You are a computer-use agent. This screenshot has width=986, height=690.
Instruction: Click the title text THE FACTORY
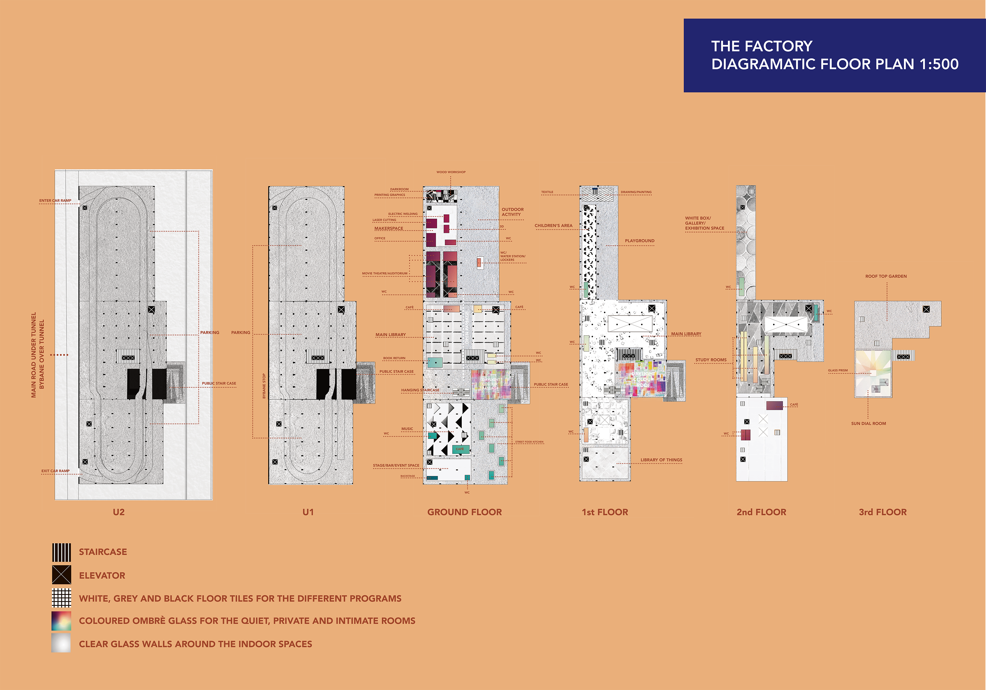coord(761,46)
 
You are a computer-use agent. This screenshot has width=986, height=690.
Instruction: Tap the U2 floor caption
coord(118,512)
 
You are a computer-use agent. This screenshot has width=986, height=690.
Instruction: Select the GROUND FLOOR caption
coord(464,512)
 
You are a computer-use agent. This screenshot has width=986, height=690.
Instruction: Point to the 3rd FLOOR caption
coord(882,512)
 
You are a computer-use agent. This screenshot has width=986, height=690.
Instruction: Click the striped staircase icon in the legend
coord(61,552)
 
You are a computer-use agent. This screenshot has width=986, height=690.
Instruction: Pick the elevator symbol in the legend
coord(61,575)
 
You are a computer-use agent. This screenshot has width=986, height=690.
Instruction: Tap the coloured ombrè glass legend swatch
coord(61,621)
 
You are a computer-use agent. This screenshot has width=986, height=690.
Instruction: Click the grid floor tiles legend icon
coord(61,598)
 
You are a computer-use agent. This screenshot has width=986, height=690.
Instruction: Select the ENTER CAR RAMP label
coord(55,200)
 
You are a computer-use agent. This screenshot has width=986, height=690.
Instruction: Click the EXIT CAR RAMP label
coord(55,471)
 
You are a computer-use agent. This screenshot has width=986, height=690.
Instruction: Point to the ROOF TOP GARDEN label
coord(886,276)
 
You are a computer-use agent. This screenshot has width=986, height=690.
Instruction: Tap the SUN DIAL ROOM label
coord(868,424)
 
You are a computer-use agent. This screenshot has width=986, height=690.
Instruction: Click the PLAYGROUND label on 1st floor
coord(640,241)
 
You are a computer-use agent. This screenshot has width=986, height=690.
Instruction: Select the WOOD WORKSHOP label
coord(451,172)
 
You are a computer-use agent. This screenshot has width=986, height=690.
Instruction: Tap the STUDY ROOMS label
coord(711,360)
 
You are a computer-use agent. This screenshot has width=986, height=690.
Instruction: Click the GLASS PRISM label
coord(838,370)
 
